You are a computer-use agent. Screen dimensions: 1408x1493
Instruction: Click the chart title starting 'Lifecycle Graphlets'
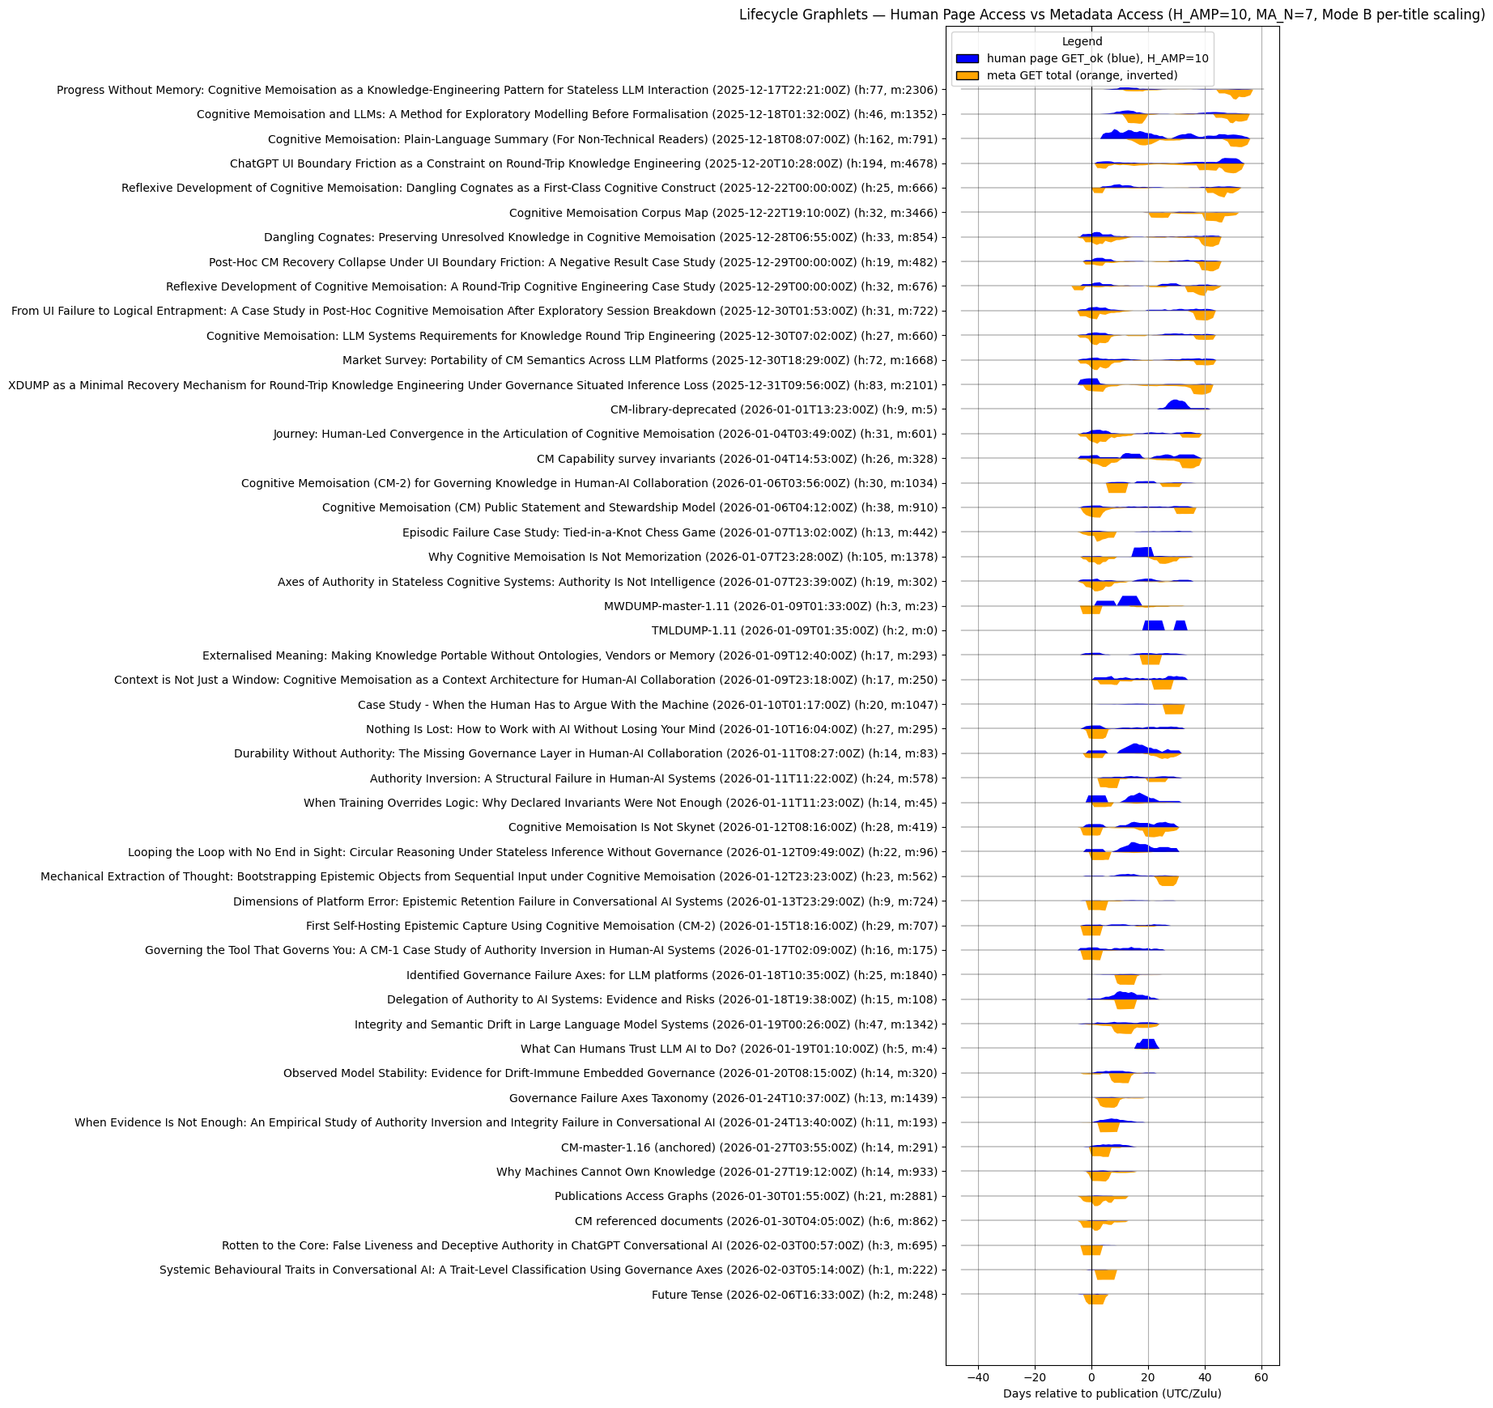[1112, 15]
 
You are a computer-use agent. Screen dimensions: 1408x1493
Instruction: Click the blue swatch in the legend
[967, 59]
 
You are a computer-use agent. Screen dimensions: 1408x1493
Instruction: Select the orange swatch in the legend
[967, 75]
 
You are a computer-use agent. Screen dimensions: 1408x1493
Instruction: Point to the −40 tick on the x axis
[978, 1377]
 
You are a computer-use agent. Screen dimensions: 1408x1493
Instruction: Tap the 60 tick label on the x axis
[1261, 1377]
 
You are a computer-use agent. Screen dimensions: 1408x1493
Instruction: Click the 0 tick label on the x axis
[1091, 1377]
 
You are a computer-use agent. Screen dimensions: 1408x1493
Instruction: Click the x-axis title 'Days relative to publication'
[1112, 1393]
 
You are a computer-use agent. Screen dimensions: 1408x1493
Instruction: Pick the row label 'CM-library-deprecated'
[773, 409]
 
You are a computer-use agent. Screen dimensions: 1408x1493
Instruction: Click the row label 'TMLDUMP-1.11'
[794, 630]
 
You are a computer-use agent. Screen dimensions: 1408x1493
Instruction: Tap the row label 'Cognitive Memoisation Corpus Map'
[723, 213]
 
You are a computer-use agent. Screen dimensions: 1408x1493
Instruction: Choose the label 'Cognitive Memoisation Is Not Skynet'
[722, 827]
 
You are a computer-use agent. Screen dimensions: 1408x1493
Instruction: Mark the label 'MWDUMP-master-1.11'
[770, 606]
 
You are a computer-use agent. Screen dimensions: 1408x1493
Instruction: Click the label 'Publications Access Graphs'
[746, 1196]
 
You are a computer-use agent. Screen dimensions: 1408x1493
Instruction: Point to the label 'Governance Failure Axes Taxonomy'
[723, 1098]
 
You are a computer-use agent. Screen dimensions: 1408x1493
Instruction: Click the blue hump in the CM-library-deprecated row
[1176, 405]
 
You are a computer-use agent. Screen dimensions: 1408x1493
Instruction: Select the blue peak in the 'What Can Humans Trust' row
[1147, 1044]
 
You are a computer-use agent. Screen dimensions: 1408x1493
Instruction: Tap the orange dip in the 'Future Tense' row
[1095, 1299]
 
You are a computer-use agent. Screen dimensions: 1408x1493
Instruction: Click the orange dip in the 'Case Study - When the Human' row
[1174, 709]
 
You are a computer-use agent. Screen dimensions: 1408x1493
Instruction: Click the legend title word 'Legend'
[1082, 42]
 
